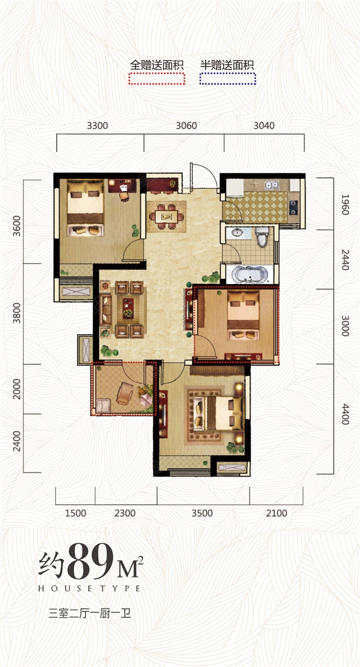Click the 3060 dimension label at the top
point(186,126)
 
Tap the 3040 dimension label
point(264,126)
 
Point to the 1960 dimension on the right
point(345,205)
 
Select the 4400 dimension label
point(345,414)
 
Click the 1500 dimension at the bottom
point(76,513)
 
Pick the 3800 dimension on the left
point(17,313)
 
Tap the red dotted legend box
point(157,78)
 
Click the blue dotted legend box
point(228,78)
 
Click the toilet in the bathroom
point(262,237)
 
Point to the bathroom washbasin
point(237,232)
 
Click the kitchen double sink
point(272,186)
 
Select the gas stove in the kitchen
point(294,207)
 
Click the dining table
point(166,216)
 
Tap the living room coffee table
point(128,308)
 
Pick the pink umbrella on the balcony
point(146,400)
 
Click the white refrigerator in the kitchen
point(235,188)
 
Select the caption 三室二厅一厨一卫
point(90,614)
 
